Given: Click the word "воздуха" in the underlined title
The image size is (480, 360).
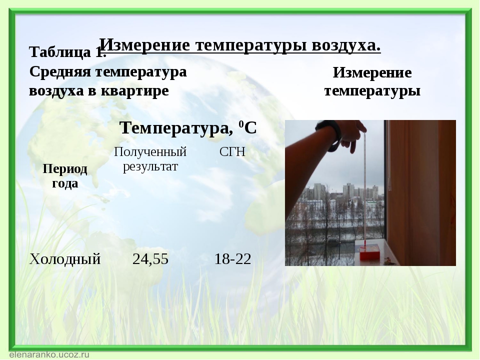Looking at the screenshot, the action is tap(346, 45).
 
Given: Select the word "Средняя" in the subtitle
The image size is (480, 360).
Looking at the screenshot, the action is tap(60, 72).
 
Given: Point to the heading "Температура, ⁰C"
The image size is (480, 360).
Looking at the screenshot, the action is tap(188, 127).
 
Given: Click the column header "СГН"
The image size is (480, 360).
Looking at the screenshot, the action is tap(232, 152).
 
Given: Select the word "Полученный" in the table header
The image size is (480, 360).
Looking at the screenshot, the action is tap(150, 151).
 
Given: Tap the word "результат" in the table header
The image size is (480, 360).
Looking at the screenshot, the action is tap(150, 167).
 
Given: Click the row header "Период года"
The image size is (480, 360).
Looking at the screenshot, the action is tap(65, 176).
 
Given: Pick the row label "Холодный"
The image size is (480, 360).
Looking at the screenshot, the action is tap(65, 259).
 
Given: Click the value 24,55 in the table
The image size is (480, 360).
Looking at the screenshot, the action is tap(150, 259).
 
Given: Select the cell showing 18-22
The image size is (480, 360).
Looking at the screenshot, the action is tap(232, 259).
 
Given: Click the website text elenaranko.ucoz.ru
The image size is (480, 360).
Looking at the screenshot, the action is tap(49, 355).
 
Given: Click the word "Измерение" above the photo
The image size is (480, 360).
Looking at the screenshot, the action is tap(372, 73).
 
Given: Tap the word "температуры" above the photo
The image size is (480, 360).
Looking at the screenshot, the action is tap(372, 91).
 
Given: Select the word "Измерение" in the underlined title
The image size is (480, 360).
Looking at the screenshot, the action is tap(145, 45).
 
